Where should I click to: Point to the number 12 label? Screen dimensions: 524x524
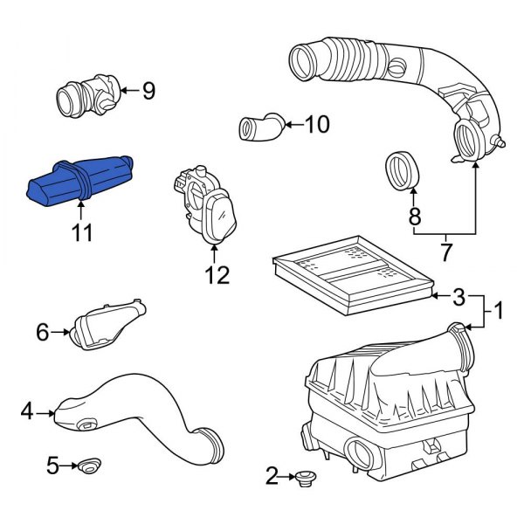click(x=217, y=275)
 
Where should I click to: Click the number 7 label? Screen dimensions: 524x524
click(x=445, y=253)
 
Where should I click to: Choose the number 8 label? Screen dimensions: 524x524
click(x=414, y=215)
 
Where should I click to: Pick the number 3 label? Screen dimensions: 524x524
click(x=458, y=299)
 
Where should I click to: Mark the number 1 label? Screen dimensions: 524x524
click(x=498, y=309)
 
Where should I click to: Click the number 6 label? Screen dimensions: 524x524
click(x=41, y=331)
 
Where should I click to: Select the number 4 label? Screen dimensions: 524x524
click(x=26, y=410)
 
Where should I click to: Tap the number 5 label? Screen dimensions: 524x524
click(x=52, y=466)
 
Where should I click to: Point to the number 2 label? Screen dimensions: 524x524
click(x=272, y=476)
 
